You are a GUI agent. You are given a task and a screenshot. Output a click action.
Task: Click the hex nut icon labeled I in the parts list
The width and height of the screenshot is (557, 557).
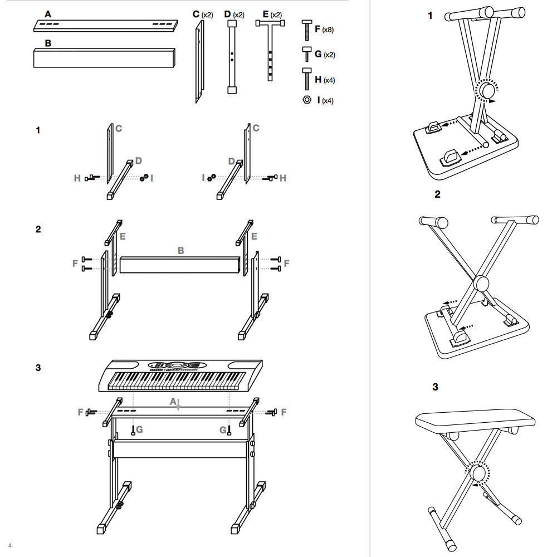point(307,100)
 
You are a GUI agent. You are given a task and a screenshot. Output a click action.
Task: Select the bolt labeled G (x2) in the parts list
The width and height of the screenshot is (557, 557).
point(307,54)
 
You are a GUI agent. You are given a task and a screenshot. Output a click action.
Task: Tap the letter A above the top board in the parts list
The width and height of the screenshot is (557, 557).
point(48,14)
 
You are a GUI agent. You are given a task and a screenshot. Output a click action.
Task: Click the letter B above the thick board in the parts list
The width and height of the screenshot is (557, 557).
point(48,43)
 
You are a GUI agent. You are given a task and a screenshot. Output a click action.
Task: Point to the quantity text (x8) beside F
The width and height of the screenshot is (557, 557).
point(328,30)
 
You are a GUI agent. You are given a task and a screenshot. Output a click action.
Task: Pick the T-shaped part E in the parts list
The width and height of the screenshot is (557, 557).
point(270,50)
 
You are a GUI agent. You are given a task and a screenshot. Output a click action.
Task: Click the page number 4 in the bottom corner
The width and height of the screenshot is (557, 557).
point(10,546)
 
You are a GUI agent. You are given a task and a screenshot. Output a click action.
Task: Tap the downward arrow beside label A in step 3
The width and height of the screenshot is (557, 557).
point(178,405)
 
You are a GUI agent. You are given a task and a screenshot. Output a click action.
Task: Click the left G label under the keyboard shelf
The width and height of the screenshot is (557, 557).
point(140,429)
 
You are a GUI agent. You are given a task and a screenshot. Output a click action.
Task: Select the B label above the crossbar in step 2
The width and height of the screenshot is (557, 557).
point(180,251)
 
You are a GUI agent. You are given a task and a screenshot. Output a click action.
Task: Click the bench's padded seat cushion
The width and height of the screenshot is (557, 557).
point(475,420)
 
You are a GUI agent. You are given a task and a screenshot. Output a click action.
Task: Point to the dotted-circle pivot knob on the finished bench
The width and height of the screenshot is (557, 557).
point(477,473)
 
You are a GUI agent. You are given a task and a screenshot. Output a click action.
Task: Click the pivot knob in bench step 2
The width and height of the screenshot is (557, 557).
point(482,284)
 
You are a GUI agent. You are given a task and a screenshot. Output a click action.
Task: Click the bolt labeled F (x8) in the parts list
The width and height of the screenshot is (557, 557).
point(307,30)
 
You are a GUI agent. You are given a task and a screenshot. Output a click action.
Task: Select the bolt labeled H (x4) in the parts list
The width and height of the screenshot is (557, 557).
point(307,79)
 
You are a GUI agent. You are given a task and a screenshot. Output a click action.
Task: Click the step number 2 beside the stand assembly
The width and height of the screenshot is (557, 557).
point(38,229)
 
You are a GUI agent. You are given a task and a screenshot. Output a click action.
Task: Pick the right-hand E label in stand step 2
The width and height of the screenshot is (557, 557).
point(254,236)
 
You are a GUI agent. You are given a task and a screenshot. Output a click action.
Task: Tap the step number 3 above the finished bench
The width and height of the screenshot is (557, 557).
point(435,387)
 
